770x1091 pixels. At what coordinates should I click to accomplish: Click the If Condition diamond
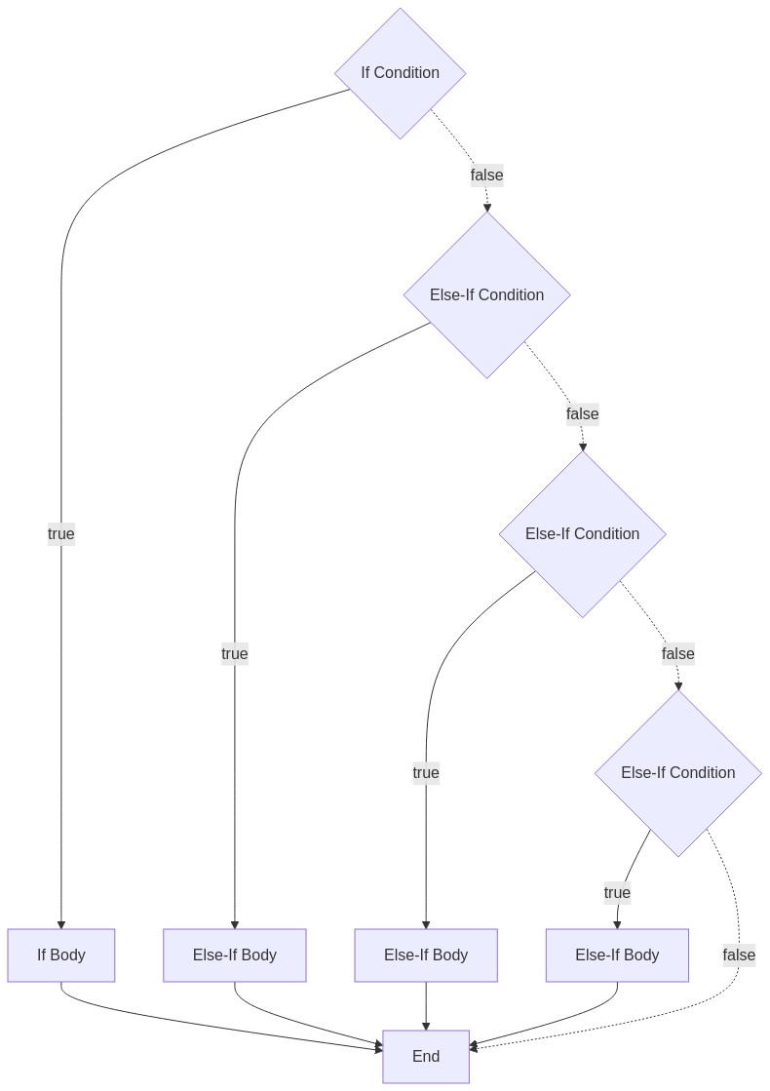(400, 73)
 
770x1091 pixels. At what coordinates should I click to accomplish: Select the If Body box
(61, 955)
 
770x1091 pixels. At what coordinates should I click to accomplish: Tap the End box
(426, 1056)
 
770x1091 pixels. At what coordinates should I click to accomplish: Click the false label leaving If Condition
(487, 175)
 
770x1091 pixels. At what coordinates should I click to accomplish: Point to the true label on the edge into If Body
(61, 533)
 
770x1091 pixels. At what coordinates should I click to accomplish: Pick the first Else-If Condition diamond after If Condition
(487, 294)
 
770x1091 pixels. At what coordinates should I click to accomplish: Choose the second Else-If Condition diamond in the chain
(583, 533)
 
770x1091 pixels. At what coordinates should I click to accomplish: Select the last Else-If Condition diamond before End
(678, 772)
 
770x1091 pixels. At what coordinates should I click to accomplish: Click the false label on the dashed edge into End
(739, 955)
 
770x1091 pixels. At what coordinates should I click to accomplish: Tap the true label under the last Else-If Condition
(617, 893)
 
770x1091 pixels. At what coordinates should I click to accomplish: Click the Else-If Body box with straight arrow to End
(426, 955)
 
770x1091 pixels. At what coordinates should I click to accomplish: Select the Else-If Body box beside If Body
(234, 955)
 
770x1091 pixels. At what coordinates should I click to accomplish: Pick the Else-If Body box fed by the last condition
(617, 955)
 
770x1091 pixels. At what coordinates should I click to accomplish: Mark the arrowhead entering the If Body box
(61, 924)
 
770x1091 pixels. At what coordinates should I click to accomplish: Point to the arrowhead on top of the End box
(426, 1026)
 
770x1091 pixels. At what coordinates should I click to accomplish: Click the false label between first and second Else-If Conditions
(583, 414)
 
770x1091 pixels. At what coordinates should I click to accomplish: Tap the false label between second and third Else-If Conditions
(678, 653)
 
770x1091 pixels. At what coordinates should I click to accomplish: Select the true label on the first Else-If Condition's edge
(234, 653)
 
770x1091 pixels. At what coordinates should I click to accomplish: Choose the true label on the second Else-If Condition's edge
(426, 772)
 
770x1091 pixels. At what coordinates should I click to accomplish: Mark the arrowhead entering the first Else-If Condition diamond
(487, 208)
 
